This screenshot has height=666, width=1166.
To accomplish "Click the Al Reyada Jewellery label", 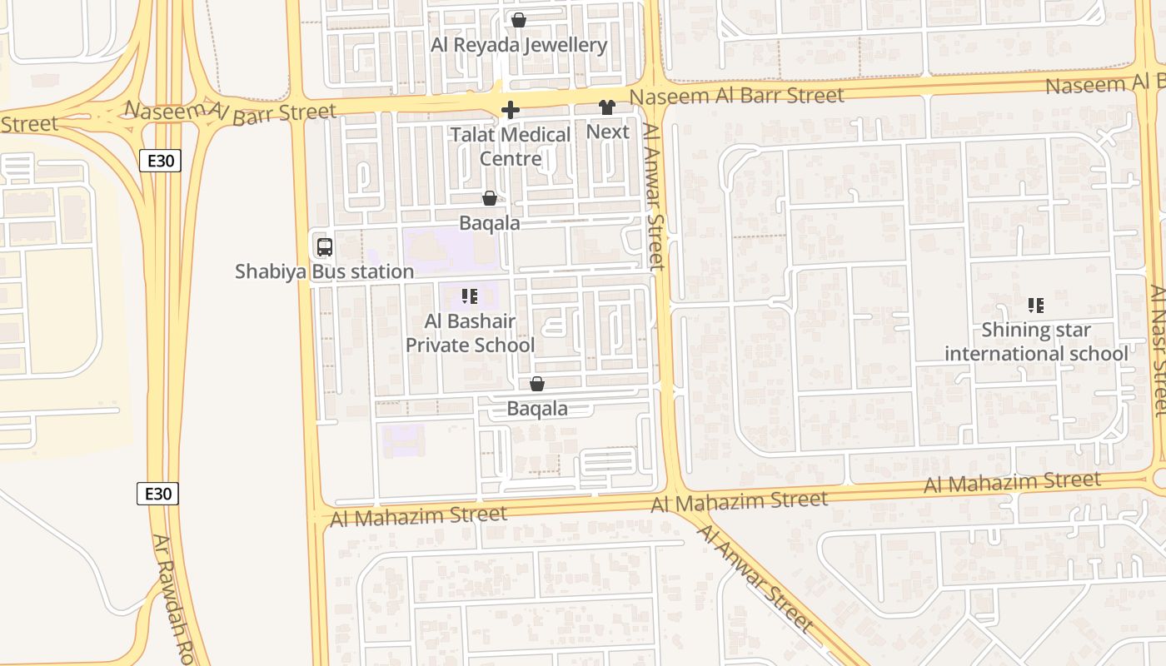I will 518,45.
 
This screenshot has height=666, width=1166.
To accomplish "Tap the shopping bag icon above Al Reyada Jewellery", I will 519,19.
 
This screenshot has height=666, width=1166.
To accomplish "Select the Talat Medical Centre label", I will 511,146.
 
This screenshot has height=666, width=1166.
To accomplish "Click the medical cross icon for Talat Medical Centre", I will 511,110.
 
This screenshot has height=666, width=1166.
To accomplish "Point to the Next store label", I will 608,132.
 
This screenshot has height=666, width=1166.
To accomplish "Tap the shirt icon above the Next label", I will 606,107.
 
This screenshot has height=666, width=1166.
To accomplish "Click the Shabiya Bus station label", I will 324,271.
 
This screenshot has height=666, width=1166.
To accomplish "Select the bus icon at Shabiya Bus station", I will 325,246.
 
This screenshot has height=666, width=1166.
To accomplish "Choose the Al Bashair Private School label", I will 470,333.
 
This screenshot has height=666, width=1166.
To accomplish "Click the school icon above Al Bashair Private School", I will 469,296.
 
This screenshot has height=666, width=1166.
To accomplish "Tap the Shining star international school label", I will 1036,341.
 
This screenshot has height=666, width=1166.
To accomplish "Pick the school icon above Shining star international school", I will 1035,305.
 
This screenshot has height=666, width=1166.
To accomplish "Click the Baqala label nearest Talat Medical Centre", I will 490,223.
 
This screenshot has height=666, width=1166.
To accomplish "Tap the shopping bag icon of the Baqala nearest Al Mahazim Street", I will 537,384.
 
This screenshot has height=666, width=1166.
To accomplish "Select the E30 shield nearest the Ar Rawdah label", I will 157,494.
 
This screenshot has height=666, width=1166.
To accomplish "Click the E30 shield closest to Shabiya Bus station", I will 159,161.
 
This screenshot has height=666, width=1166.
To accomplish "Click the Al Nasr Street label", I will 1159,350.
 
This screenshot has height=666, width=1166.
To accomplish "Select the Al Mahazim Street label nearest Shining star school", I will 1012,482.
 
